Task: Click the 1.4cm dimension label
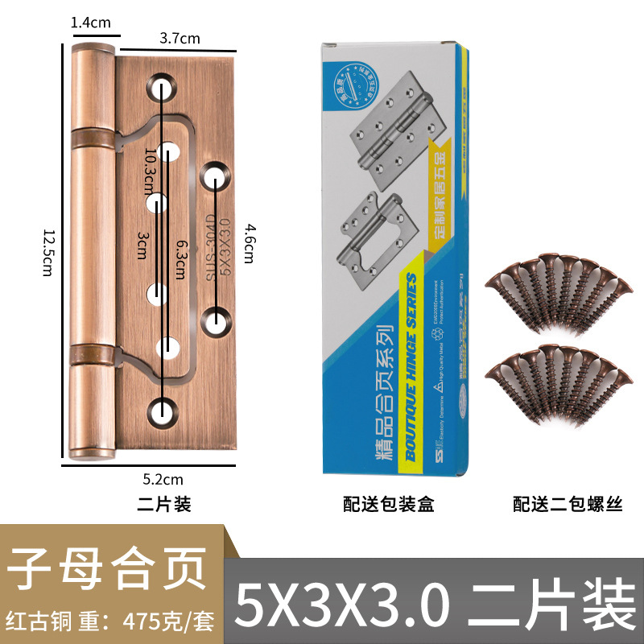[x=90, y=23]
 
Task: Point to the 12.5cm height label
[x=48, y=250]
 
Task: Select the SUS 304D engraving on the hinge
[x=210, y=246]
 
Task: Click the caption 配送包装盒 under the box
[x=389, y=505]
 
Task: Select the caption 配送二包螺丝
[x=569, y=505]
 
